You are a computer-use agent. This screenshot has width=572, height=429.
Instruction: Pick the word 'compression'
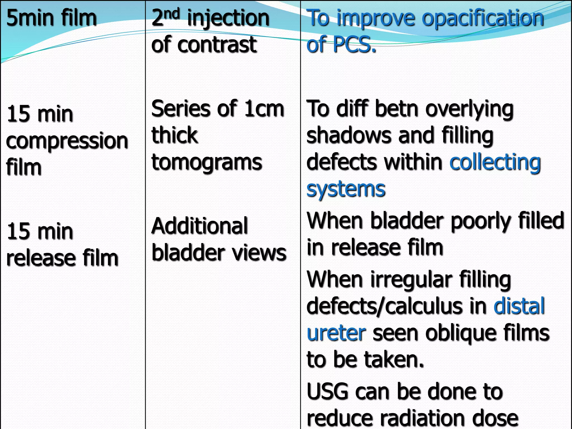tap(67, 141)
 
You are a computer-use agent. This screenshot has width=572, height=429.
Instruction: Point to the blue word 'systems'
tap(346, 189)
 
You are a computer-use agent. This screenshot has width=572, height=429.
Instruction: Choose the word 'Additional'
tap(199, 226)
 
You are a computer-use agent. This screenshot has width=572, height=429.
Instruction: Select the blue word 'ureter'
tap(336, 333)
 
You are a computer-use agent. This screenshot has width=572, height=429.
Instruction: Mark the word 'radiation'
tap(421, 418)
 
